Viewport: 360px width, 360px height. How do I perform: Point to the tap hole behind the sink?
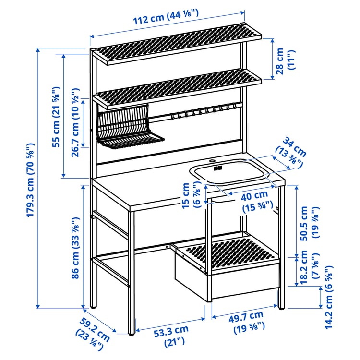[x=212, y=158]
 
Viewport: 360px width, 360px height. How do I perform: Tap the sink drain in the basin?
[x=218, y=168]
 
